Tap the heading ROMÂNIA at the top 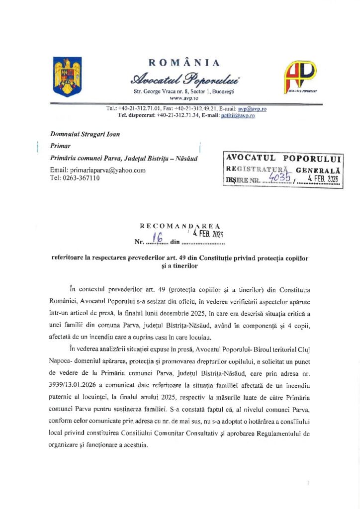click(x=183, y=63)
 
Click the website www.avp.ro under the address click(x=184, y=98)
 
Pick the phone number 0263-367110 click(x=79, y=178)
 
